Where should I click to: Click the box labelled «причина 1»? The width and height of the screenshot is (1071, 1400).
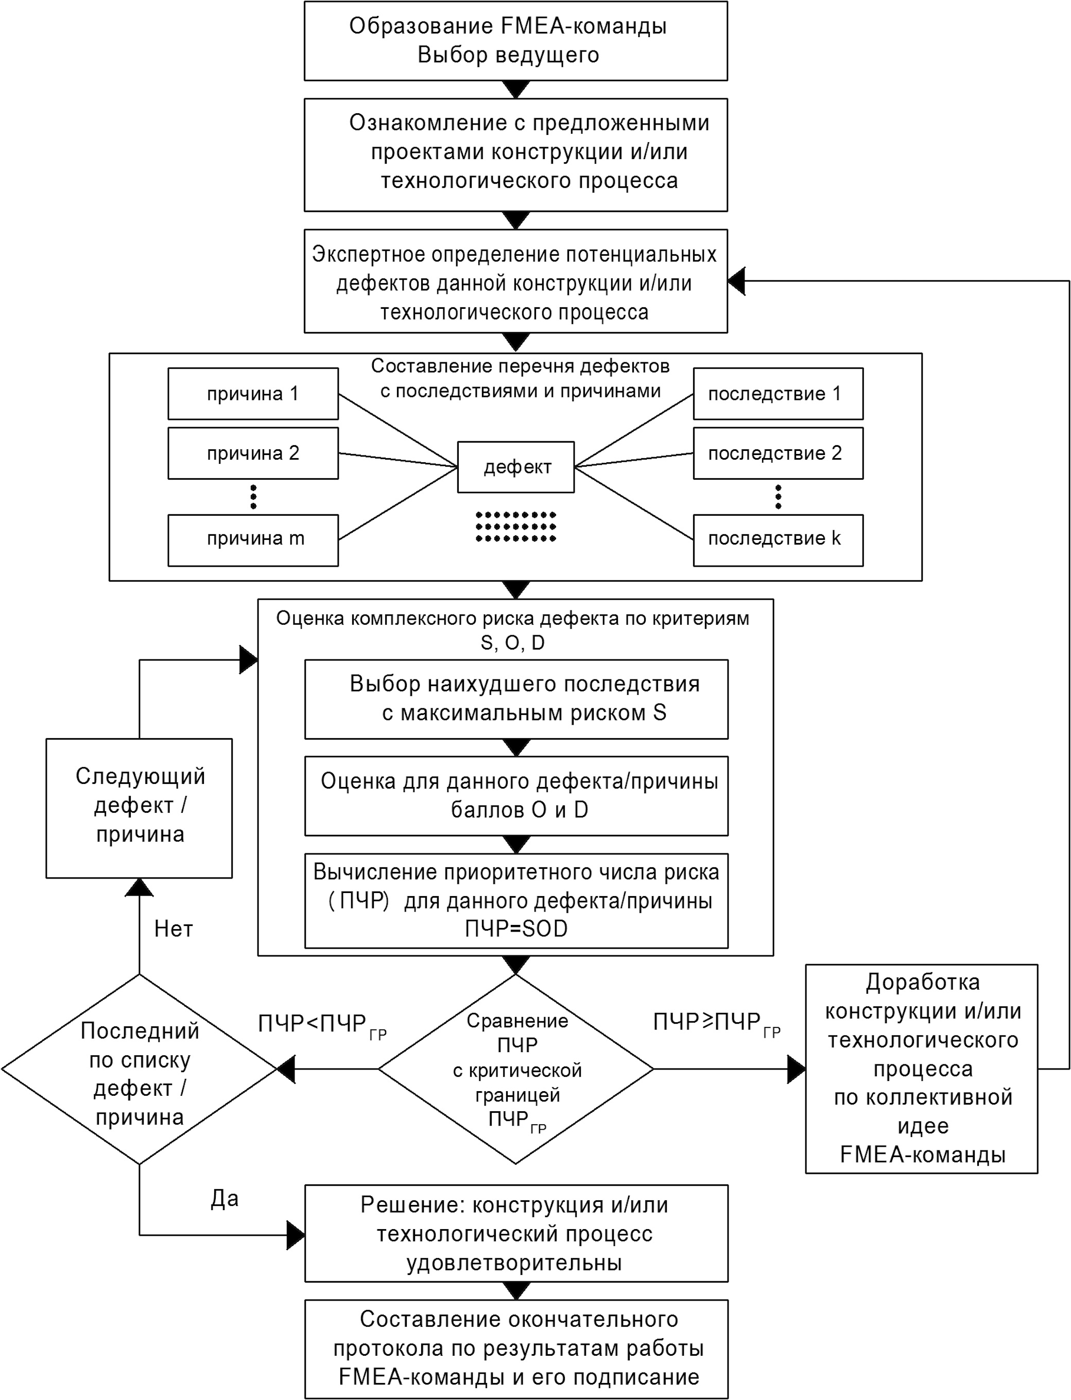[x=253, y=393]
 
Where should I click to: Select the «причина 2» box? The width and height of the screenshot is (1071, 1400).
[x=253, y=453]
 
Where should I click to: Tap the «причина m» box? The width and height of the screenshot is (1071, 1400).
[x=253, y=540]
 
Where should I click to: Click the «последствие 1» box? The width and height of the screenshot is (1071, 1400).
[x=779, y=393]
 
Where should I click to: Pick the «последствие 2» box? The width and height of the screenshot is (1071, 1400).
[x=779, y=453]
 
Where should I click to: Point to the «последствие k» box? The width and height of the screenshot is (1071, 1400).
[x=779, y=540]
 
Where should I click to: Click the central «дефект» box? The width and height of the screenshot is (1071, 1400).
[x=516, y=467]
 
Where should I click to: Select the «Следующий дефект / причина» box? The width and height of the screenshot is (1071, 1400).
[x=139, y=808]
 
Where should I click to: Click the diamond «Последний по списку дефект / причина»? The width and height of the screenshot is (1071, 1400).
[x=139, y=1069]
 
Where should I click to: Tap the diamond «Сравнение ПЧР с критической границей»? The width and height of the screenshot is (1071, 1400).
[x=516, y=1069]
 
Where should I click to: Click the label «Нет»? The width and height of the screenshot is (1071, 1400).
[x=174, y=929]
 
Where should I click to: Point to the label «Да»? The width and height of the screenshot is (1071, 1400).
[x=224, y=1199]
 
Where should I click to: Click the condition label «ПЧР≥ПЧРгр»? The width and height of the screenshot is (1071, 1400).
[x=717, y=1023]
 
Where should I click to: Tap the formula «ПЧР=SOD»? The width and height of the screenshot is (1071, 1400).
[x=516, y=929]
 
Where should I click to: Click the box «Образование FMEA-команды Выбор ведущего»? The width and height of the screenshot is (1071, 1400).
[x=516, y=41]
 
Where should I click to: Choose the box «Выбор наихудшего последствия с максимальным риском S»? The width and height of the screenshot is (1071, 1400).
[x=516, y=699]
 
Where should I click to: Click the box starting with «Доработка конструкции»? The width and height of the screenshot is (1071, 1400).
[x=922, y=1069]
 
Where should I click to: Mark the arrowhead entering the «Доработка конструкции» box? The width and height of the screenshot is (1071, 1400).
[x=796, y=1069]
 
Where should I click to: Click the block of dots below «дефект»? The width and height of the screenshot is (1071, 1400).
[x=516, y=527]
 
